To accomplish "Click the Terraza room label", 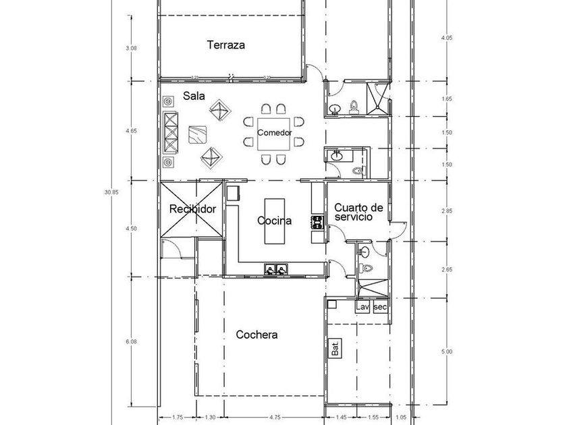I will (x=225, y=46).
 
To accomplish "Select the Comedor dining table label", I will (x=274, y=132).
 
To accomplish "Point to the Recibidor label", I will (x=192, y=209).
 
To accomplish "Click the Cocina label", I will (x=275, y=221).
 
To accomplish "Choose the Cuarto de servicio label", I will (x=359, y=213).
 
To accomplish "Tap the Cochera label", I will (x=256, y=335).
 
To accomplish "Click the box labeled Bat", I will (x=335, y=349).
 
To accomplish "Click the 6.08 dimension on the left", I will (x=131, y=343).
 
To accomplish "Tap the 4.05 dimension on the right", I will (x=446, y=38).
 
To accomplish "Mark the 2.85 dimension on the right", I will (x=446, y=211).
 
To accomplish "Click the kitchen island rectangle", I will (x=274, y=221).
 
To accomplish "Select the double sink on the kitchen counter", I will (x=276, y=270).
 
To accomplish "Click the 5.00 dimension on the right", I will (x=446, y=351).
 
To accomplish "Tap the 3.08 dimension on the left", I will (x=131, y=48).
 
